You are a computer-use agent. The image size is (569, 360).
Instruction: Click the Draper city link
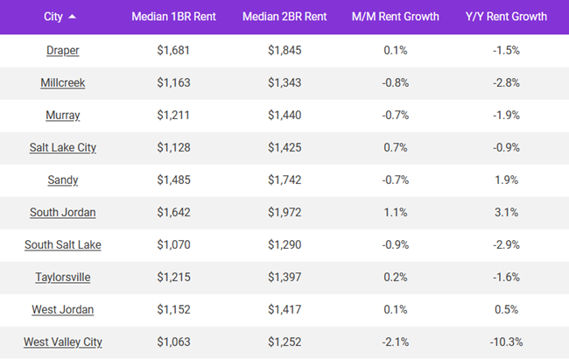[x=63, y=51]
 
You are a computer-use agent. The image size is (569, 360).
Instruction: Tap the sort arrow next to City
[x=72, y=17]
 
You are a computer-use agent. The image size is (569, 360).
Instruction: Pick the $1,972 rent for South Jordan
[x=284, y=212]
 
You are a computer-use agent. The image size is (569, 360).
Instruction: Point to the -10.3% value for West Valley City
[x=506, y=342]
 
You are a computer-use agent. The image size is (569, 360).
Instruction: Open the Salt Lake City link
[x=63, y=147]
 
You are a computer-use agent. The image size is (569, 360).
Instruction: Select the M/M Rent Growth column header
[x=395, y=17]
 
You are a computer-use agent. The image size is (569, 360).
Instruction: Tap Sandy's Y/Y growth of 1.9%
[x=506, y=180]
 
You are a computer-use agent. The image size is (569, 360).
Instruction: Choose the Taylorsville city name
[x=63, y=277]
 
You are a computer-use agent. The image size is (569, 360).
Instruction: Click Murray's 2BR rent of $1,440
[x=284, y=115]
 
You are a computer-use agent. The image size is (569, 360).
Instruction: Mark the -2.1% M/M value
[x=395, y=342]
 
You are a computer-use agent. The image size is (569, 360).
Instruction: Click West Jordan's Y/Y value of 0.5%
[x=506, y=309]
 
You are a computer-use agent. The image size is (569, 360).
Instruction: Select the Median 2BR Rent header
[x=284, y=17]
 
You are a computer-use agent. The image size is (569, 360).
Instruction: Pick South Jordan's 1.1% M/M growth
[x=395, y=212]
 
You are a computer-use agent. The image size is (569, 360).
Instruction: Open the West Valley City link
[x=63, y=342]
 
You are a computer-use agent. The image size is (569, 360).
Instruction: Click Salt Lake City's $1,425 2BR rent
[x=284, y=147]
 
